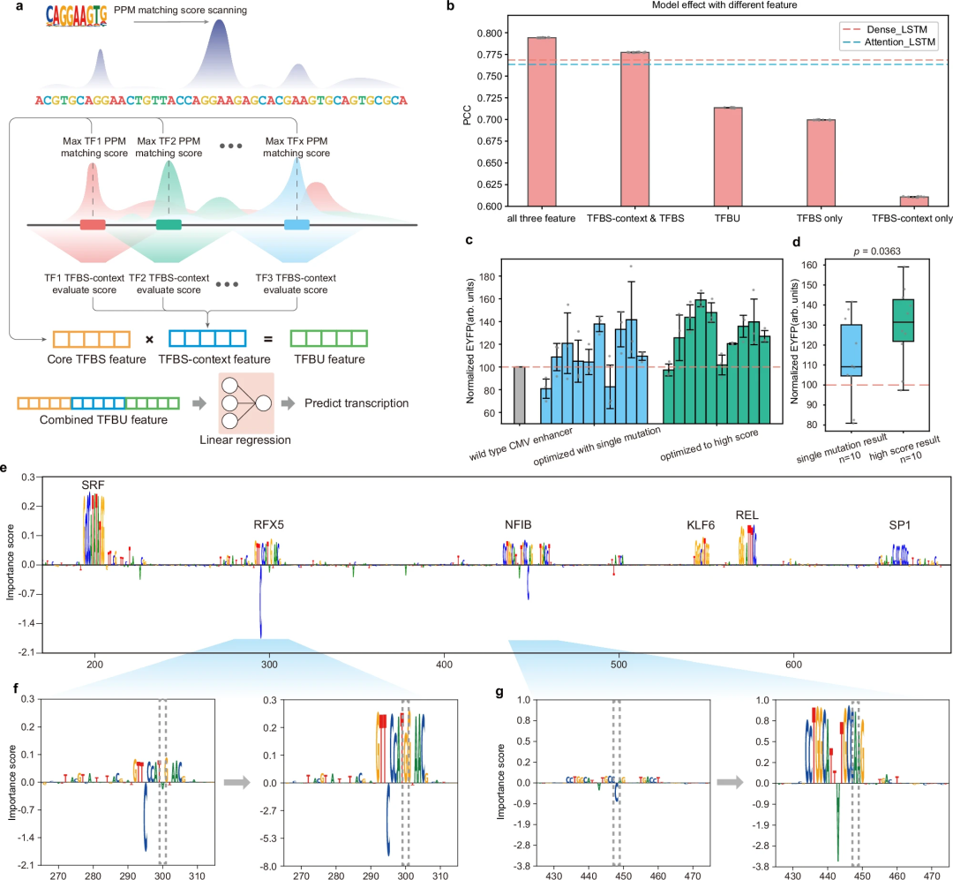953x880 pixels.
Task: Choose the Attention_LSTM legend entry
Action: pyautogui.click(x=886, y=41)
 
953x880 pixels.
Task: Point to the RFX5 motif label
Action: pyautogui.click(x=268, y=524)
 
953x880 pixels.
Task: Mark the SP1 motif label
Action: pyautogui.click(x=900, y=524)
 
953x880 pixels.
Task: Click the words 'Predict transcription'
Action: pyautogui.click(x=356, y=403)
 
